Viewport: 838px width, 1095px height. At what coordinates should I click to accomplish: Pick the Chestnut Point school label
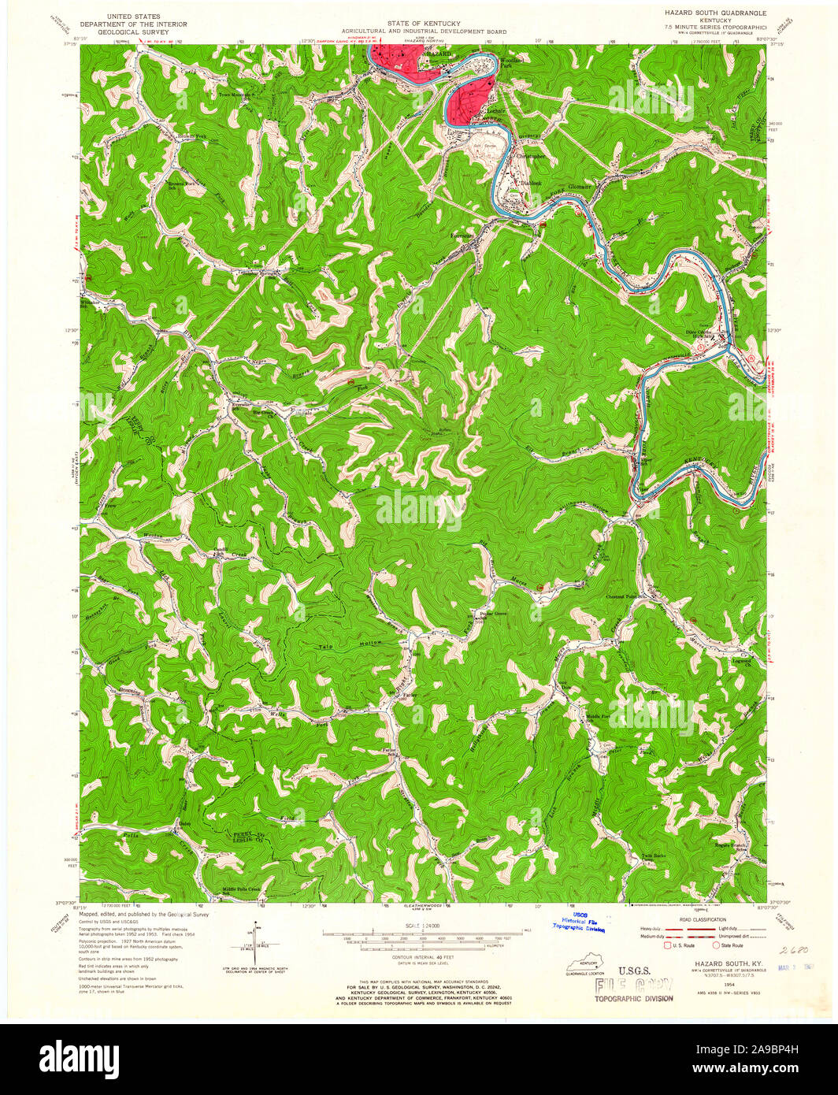pyautogui.click(x=625, y=596)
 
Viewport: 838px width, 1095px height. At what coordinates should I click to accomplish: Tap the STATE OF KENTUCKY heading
pyautogui.click(x=423, y=24)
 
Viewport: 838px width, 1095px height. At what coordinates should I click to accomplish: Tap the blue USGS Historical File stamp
pyautogui.click(x=580, y=922)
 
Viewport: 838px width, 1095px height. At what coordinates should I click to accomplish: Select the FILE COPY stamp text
pyautogui.click(x=634, y=985)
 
